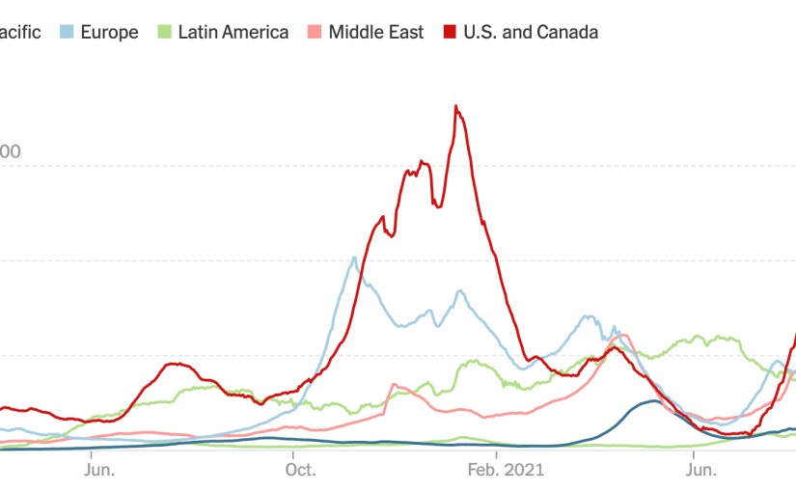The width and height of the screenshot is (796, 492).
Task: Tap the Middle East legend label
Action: (x=375, y=32)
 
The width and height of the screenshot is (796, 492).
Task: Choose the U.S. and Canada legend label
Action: (x=530, y=32)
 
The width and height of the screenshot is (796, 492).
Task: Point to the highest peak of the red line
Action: (x=455, y=106)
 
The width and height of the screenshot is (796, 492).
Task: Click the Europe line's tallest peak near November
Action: (x=354, y=258)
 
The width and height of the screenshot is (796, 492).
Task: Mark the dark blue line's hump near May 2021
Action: (x=653, y=401)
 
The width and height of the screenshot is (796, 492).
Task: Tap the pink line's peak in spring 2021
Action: (x=622, y=336)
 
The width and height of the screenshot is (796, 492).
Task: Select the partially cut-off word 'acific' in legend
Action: (x=20, y=32)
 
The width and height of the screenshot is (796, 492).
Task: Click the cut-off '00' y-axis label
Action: (x=11, y=151)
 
